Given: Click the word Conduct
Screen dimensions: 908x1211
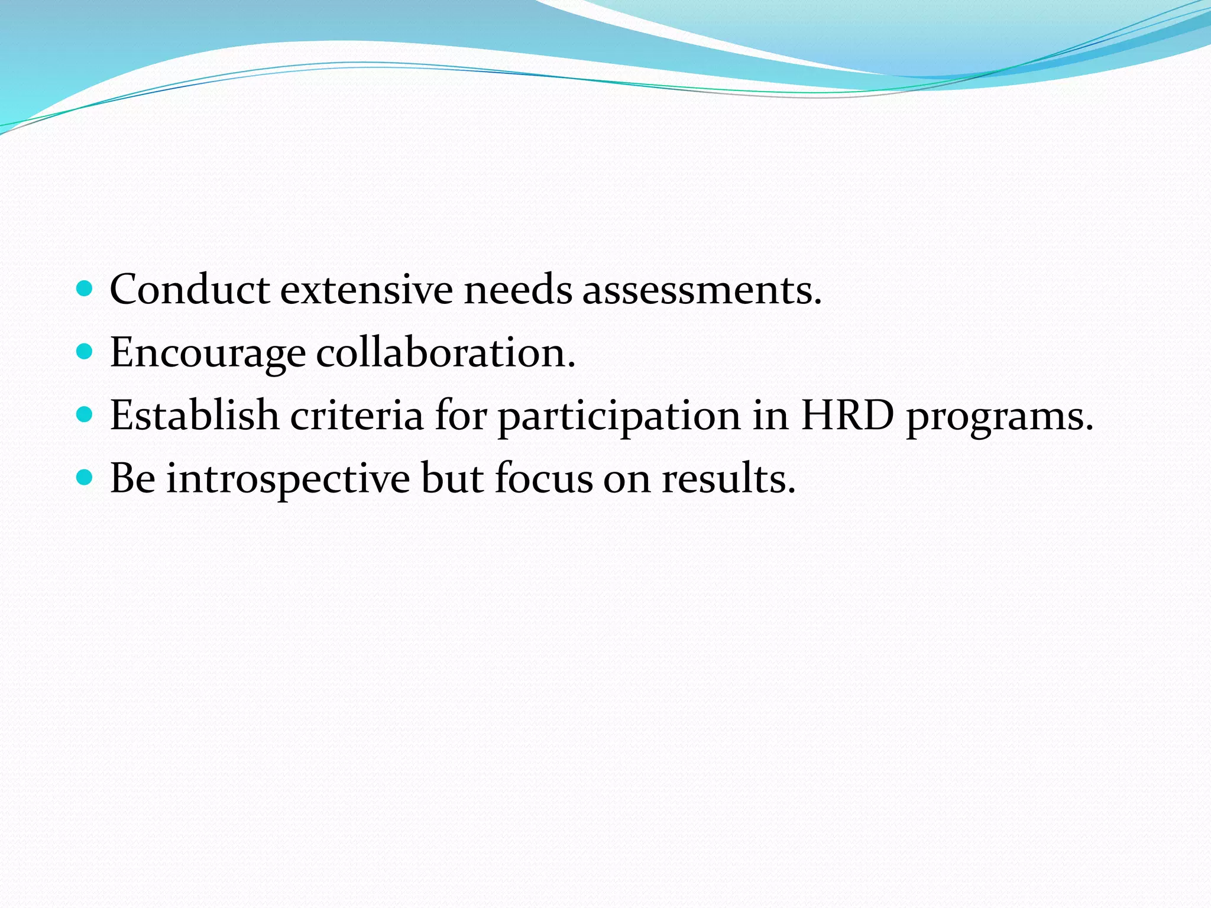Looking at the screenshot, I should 189,290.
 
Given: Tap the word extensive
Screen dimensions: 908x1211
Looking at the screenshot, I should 366,290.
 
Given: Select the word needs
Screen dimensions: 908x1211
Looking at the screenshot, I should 517,290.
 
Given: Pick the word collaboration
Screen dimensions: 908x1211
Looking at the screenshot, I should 445,352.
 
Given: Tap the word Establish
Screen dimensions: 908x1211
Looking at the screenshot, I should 195,415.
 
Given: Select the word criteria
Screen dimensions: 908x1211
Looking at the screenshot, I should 357,415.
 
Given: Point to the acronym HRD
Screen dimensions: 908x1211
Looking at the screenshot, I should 847,415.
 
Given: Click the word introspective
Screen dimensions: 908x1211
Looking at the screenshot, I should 288,479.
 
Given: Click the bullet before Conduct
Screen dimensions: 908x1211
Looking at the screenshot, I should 85,289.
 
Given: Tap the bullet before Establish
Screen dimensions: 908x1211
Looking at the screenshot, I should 85,415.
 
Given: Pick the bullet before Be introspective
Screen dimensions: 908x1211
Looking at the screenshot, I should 85,478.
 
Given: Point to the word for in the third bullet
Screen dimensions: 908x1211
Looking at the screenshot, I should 461,415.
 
